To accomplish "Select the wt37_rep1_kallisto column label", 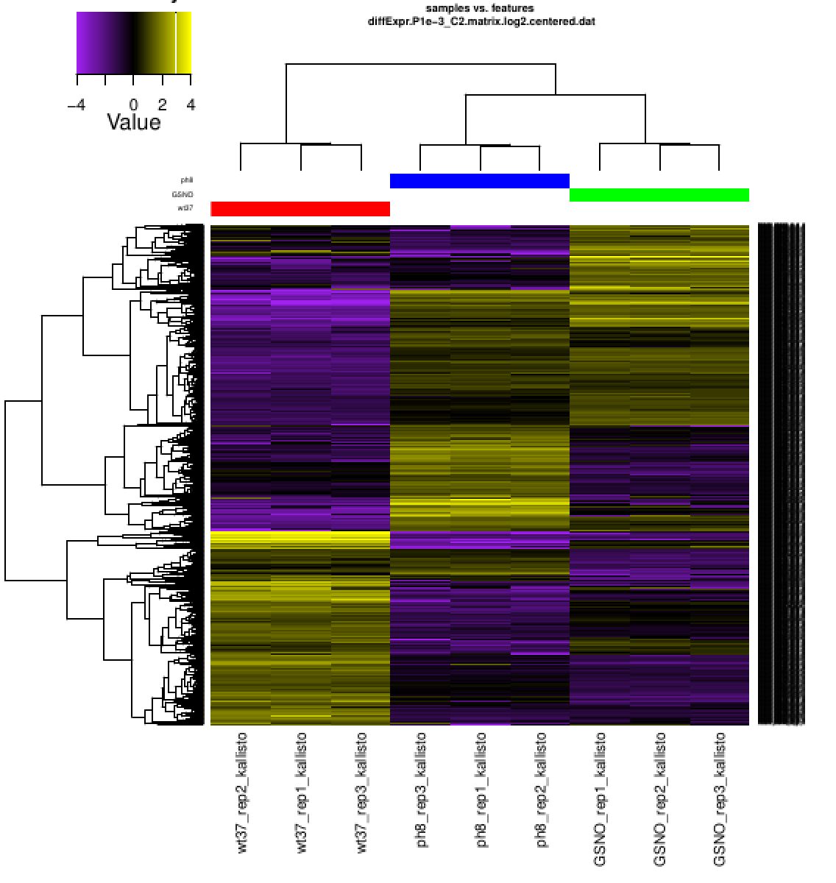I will pos(301,792).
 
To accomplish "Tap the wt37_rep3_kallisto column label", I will pos(361,792).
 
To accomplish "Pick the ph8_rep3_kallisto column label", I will pos(421,790).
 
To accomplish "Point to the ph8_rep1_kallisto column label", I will pos(481,790).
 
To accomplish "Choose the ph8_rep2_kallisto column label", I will pos(541,790).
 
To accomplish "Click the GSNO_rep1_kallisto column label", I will pos(601,798).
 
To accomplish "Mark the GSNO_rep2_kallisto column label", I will pos(660,798).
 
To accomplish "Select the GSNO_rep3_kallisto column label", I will pos(720,798).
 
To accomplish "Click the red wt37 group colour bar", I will pos(300,209).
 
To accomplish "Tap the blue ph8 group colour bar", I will pos(480,181).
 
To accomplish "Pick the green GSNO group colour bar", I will pos(659,195).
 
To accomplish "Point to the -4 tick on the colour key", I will pos(76,104).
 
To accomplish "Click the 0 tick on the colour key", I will pos(133,104).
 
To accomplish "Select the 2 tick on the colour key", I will pos(162,104).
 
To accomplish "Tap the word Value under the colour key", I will pos(134,121).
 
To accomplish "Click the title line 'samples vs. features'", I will pos(480,8).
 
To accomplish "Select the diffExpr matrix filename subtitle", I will pos(481,21).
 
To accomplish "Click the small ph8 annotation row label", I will pos(187,180).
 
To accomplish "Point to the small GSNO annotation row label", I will pos(183,195).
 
